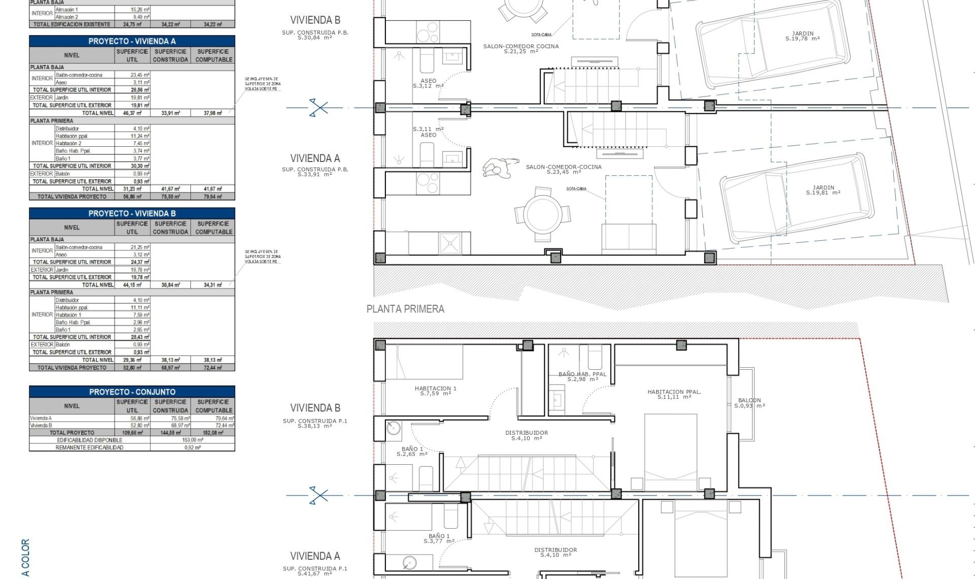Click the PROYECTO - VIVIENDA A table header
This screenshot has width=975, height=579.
[132, 41]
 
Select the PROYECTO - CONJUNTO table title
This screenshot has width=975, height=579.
[132, 392]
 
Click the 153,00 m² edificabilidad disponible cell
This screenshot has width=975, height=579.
[192, 440]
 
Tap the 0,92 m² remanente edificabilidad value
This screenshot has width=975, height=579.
[192, 447]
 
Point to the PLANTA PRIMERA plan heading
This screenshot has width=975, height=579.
[405, 309]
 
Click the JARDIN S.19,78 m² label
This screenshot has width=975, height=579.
[802, 36]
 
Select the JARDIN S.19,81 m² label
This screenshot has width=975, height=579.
[823, 190]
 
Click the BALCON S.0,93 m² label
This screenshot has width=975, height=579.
[750, 403]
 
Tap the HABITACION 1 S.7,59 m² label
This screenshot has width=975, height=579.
[435, 391]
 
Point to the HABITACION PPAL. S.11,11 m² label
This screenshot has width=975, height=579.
[674, 394]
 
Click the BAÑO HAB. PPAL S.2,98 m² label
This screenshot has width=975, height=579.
[582, 376]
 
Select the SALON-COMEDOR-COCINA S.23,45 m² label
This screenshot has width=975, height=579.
[564, 169]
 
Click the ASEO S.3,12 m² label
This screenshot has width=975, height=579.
[428, 83]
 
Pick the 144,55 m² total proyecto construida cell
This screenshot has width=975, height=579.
[170, 433]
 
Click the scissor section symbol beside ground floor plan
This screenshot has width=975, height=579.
[318, 108]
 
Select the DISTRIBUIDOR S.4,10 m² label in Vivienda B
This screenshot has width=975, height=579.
[526, 435]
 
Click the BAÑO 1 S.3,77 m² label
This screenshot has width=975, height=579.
[439, 538]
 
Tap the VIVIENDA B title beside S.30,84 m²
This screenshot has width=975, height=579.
[315, 20]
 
